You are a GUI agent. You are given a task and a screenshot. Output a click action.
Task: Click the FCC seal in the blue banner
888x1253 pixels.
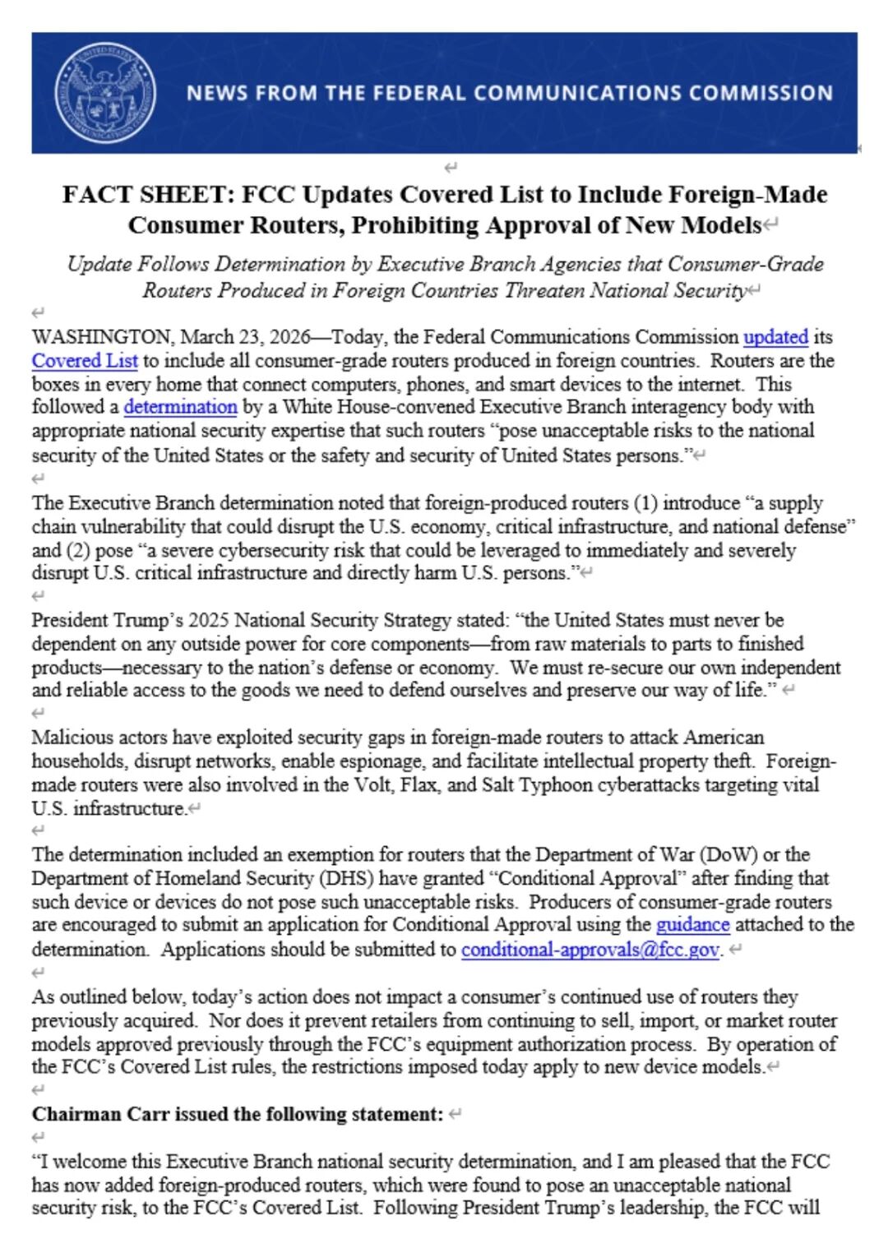click(x=104, y=92)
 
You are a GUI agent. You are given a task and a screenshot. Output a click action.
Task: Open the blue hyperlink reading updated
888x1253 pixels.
click(x=775, y=337)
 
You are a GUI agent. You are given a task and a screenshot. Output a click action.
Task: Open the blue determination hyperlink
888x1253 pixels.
click(x=180, y=407)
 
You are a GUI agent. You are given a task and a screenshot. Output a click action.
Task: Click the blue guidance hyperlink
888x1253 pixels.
click(x=692, y=925)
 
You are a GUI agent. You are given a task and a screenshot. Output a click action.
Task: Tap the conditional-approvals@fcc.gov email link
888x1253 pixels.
click(x=590, y=950)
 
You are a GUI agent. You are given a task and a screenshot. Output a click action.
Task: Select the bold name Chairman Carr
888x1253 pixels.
click(x=100, y=1115)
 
